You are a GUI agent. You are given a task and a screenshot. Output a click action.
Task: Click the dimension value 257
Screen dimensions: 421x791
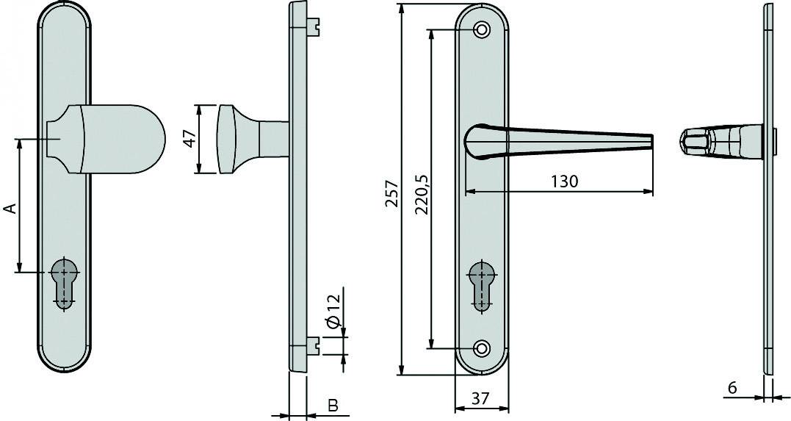click(391, 193)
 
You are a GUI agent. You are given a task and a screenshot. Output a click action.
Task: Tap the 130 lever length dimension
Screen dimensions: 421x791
click(563, 181)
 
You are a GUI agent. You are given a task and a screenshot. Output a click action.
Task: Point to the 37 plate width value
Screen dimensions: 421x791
click(480, 399)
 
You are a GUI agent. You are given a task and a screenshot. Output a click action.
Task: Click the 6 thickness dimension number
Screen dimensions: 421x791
click(732, 387)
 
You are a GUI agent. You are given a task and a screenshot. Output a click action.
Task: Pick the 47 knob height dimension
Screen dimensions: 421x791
click(189, 139)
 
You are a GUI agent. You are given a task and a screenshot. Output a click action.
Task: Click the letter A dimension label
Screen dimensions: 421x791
click(10, 209)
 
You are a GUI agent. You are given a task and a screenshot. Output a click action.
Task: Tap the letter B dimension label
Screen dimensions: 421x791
click(332, 405)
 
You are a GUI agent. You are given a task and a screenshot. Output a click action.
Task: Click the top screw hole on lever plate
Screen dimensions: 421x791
click(482, 30)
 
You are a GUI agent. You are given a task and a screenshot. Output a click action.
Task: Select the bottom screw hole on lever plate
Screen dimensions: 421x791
click(482, 348)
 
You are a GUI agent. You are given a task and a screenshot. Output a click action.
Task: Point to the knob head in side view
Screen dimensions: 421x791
click(227, 139)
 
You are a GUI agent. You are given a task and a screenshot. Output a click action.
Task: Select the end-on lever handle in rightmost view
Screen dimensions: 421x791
click(698, 140)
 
